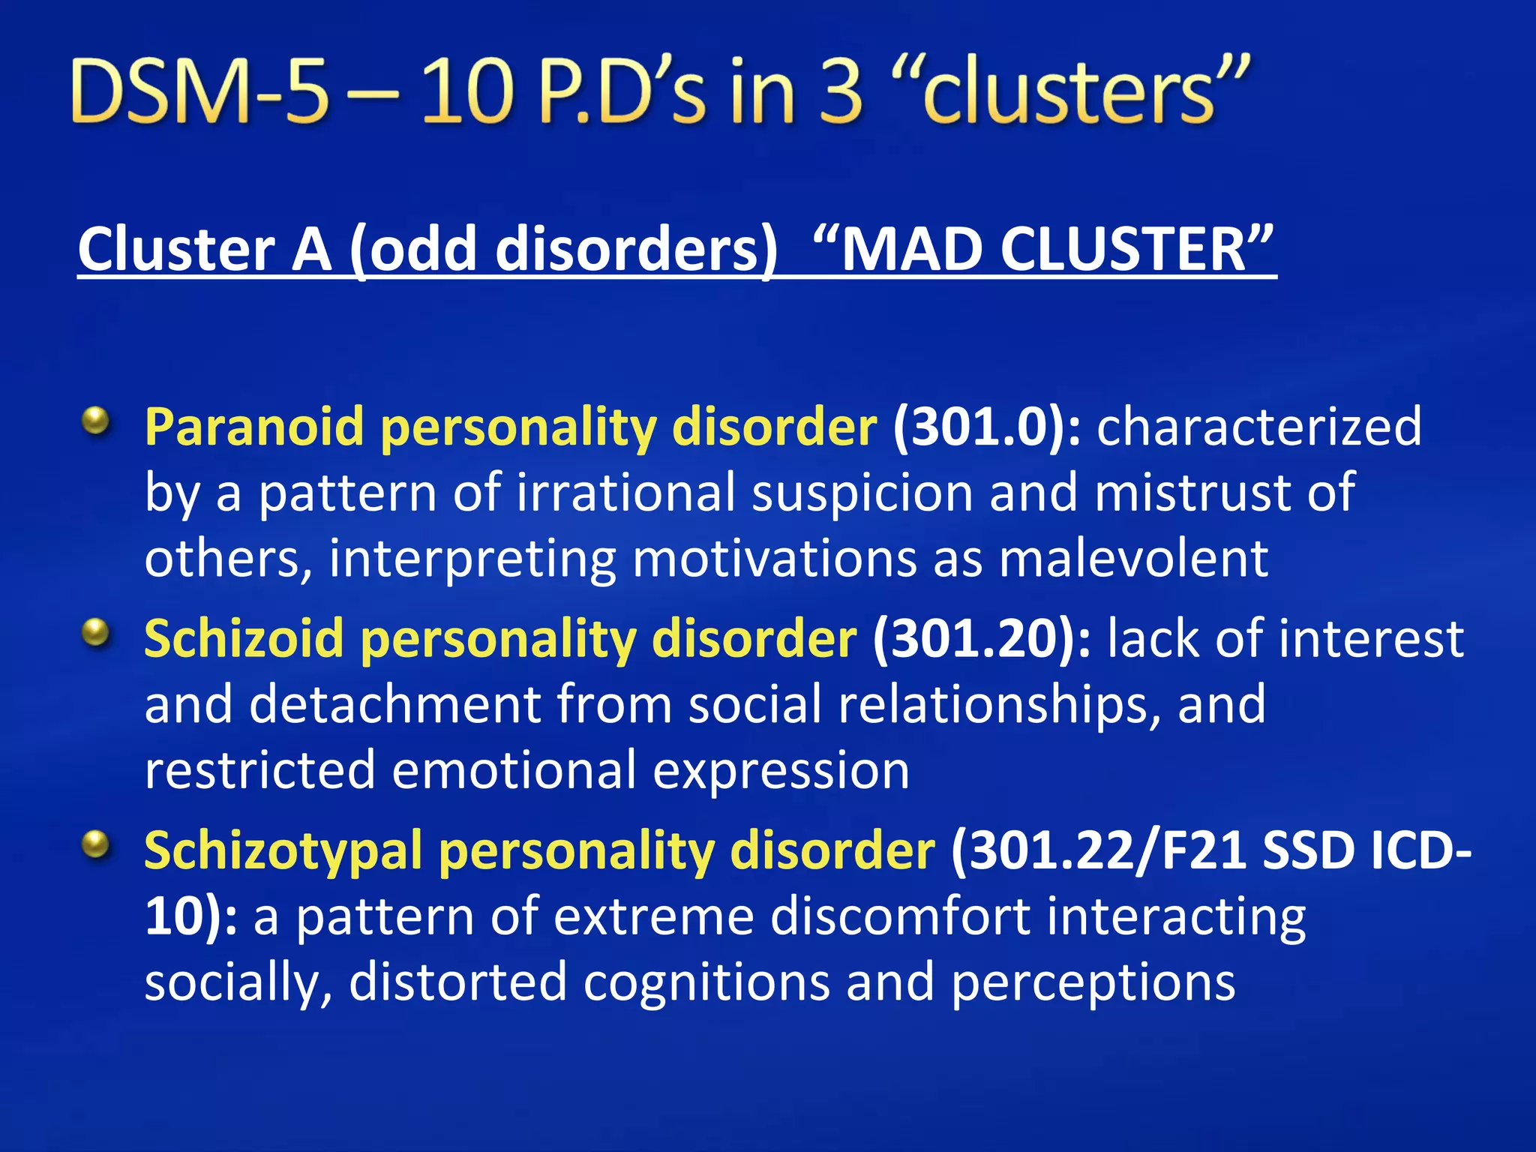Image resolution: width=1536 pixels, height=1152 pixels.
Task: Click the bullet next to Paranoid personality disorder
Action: pyautogui.click(x=95, y=421)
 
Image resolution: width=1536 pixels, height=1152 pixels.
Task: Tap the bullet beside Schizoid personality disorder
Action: pyautogui.click(x=95, y=634)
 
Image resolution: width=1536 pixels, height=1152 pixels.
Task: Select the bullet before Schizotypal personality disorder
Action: pyautogui.click(x=95, y=846)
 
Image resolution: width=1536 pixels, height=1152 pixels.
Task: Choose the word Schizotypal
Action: pyautogui.click(x=283, y=852)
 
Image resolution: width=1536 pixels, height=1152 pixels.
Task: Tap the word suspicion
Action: pyautogui.click(x=862, y=493)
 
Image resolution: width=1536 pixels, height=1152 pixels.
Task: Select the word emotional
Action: pyautogui.click(x=514, y=771)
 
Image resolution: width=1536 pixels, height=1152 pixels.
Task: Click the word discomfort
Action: pyautogui.click(x=900, y=916)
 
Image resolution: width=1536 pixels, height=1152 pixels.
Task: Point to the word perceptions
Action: pyautogui.click(x=1093, y=982)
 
